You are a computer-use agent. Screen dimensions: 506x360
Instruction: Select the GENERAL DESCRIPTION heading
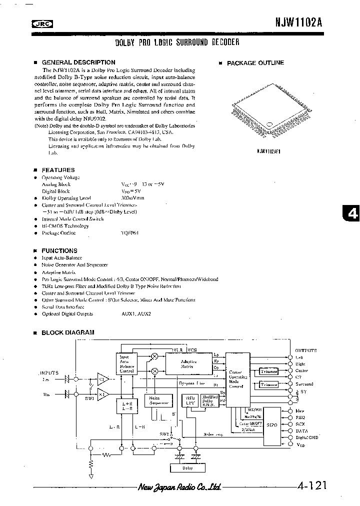click(78, 62)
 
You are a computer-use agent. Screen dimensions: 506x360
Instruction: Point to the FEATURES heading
click(58, 170)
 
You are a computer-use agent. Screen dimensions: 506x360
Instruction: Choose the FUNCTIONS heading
click(59, 250)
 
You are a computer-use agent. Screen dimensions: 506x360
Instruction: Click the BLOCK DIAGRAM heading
click(67, 332)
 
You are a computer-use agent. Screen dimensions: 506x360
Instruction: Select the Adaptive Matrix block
click(188, 364)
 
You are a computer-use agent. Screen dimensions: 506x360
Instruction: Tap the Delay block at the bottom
click(187, 468)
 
